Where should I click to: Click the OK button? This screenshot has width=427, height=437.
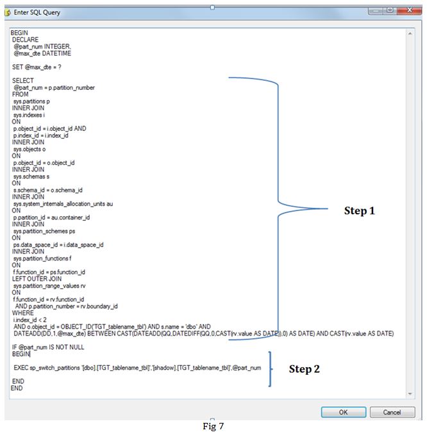[343, 412]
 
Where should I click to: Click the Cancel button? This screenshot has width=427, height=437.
[392, 412]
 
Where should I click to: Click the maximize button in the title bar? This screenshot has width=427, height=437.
[388, 11]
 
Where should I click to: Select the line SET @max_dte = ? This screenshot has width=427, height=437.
[37, 67]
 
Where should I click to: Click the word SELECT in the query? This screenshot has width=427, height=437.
[22, 81]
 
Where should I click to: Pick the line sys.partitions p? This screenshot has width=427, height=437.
[31, 101]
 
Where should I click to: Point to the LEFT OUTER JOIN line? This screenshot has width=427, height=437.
[37, 279]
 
